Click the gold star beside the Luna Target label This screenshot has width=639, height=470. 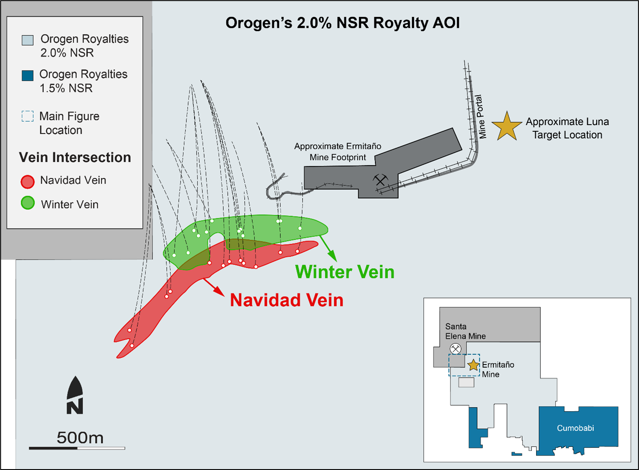point(507,127)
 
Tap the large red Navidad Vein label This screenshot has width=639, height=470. point(287,300)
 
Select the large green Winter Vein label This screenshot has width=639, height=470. point(344,272)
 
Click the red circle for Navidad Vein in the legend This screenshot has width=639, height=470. point(28,181)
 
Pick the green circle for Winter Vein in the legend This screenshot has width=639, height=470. point(28,203)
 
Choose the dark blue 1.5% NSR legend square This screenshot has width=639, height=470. point(28,75)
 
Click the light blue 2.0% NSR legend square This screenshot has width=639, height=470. point(28,40)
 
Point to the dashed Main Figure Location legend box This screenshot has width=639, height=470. point(28,116)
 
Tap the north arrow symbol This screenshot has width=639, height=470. point(75,395)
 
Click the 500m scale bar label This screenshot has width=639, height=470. point(80,438)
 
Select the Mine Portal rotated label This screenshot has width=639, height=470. point(480,116)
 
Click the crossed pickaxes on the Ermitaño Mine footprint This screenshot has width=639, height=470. point(380,180)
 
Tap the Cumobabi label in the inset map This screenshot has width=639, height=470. point(575,428)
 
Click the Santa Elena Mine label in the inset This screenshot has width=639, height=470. point(465,331)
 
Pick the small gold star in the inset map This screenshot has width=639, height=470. point(473,365)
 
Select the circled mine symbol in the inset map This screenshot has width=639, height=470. point(455,349)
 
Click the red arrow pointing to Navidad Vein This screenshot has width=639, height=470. point(214,287)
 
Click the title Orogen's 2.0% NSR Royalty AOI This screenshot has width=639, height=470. point(342,23)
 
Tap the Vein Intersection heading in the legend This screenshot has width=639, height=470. point(75,157)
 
